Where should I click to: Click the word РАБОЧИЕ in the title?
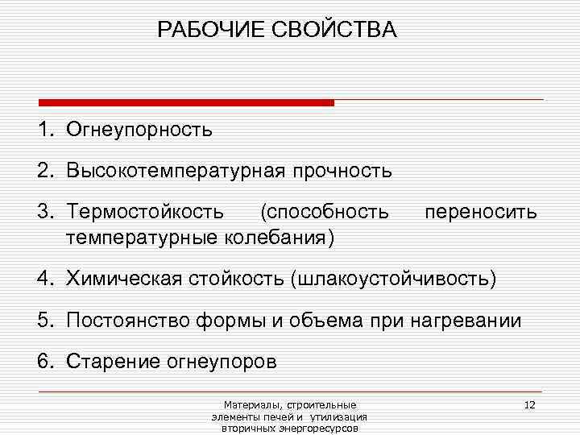coord(205,31)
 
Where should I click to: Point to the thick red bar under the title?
coord(186,103)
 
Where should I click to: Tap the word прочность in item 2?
coord(342,171)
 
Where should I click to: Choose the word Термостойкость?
coord(145,213)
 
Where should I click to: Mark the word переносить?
coord(480,213)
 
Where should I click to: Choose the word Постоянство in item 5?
coord(125,321)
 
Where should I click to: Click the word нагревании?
coord(474,321)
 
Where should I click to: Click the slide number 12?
coord(529,404)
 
